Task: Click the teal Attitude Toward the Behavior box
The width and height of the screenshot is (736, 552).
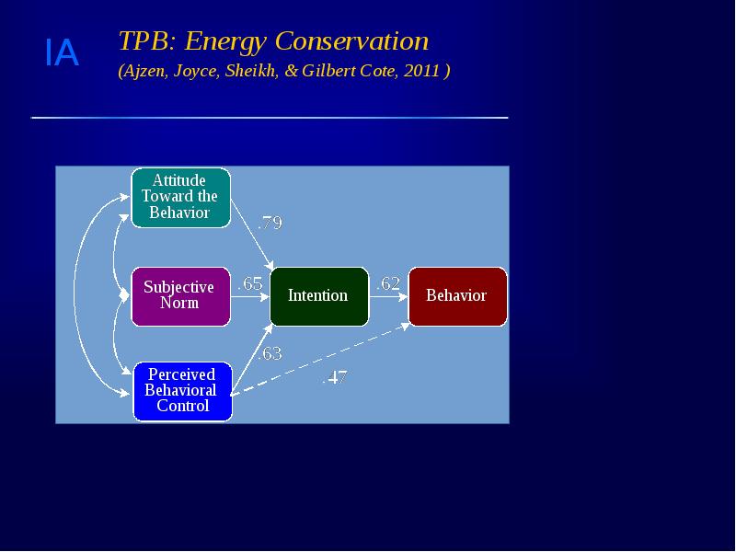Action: tap(180, 197)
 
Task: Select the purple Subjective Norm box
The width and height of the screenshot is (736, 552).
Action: tap(179, 295)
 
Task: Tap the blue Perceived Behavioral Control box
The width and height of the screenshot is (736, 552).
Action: tap(183, 391)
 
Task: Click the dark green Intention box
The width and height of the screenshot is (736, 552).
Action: tap(318, 296)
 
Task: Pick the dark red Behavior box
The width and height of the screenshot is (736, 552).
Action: tap(456, 296)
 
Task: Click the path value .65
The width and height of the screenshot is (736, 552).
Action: tap(250, 284)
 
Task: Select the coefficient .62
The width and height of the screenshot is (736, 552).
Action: tap(388, 284)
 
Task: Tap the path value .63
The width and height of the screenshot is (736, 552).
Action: tap(270, 354)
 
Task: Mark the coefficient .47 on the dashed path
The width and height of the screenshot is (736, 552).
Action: tap(334, 377)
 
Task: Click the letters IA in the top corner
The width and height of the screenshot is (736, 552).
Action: tap(62, 55)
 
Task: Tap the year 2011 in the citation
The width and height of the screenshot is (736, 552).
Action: tap(420, 71)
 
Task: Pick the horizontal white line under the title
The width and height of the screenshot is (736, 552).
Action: tap(269, 118)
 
